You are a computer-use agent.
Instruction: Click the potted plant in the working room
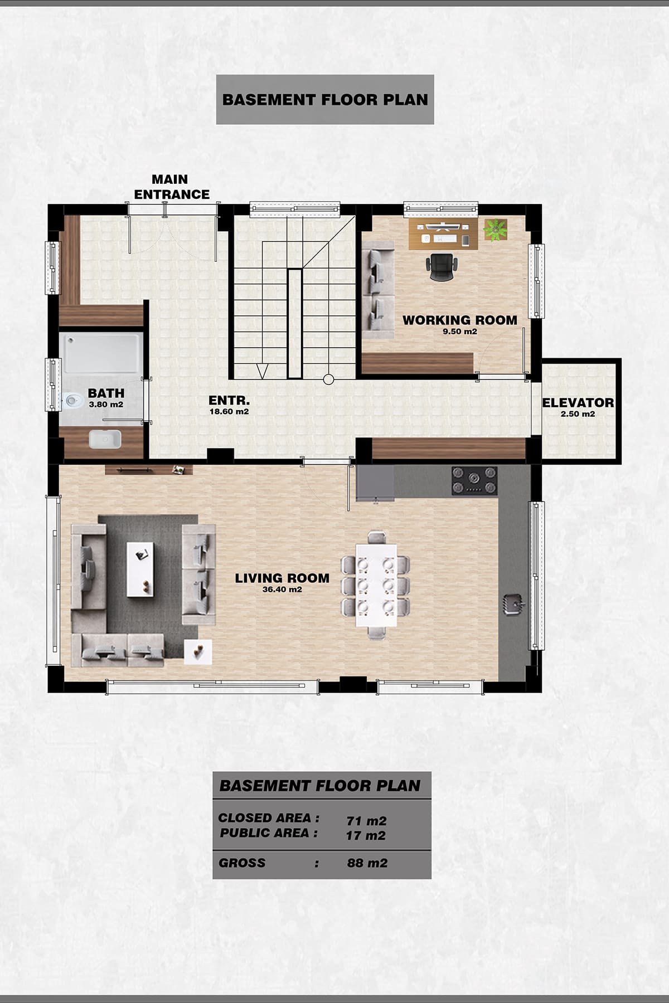(x=495, y=230)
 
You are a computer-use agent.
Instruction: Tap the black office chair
(x=442, y=267)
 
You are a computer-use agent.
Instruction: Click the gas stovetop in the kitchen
(x=474, y=480)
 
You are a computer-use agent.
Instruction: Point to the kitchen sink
(x=513, y=604)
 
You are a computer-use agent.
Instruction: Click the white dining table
(x=376, y=584)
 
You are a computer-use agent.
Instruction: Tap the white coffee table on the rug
(x=140, y=569)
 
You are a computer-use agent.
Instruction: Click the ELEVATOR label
(x=578, y=402)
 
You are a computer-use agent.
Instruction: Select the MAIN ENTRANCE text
(x=172, y=187)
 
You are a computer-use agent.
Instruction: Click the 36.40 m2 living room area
(x=282, y=590)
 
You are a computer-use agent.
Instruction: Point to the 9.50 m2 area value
(x=460, y=332)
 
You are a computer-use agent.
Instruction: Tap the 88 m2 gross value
(x=367, y=863)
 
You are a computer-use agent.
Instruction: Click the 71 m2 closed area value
(x=366, y=821)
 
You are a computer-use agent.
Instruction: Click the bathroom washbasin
(x=105, y=439)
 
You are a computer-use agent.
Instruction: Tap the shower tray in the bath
(x=101, y=353)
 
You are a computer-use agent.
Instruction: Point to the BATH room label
(x=106, y=393)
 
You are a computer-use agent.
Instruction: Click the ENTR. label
(x=229, y=400)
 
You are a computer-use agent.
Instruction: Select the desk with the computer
(x=443, y=233)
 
